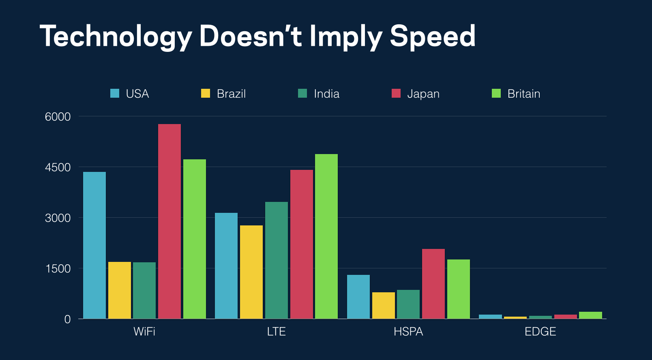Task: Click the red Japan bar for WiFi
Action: tap(169, 221)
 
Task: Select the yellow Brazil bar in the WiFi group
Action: tap(120, 290)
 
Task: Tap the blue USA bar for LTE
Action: tap(226, 266)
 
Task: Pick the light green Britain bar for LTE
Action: tap(326, 236)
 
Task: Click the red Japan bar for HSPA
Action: tap(433, 284)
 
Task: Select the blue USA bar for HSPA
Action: tap(358, 297)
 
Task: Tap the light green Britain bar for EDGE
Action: tap(590, 315)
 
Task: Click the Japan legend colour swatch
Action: tap(396, 94)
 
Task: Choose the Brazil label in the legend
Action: tap(231, 94)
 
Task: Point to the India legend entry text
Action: tap(326, 94)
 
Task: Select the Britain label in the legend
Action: tap(524, 94)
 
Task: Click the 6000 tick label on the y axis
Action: tap(58, 117)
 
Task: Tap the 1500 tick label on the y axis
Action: tap(58, 268)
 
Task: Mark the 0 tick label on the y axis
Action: tap(67, 319)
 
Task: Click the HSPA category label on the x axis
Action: tap(408, 332)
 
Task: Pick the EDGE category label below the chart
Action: tap(540, 332)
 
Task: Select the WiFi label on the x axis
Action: tap(144, 332)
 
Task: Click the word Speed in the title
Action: tap(432, 36)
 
